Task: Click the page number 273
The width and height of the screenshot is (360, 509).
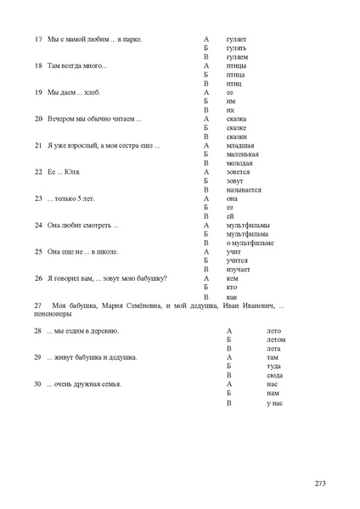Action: coord(320,483)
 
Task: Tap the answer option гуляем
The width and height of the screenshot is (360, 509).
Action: coord(237,57)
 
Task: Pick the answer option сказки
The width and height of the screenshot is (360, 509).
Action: coord(237,136)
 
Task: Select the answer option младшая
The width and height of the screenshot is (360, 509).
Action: coord(241,145)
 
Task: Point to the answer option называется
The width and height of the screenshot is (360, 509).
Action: coord(244,190)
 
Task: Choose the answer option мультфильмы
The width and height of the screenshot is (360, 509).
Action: coord(248,225)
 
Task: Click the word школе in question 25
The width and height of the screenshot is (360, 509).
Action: coord(107,251)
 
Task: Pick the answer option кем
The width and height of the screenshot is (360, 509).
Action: coord(233,277)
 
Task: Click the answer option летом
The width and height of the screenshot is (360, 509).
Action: coord(276,339)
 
